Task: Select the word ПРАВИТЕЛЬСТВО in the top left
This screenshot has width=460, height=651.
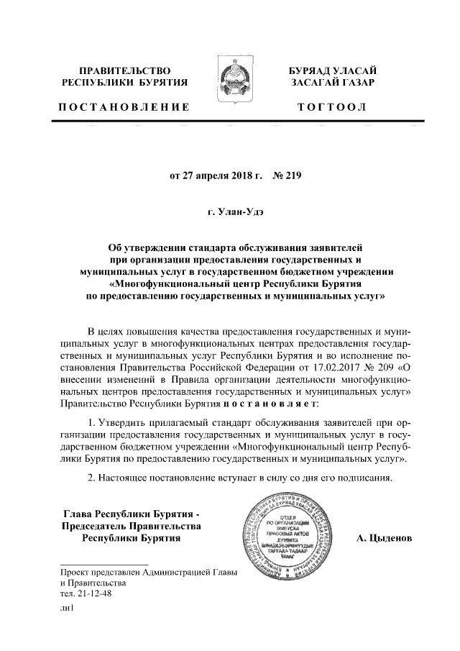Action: (124, 70)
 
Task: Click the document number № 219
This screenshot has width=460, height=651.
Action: (280, 176)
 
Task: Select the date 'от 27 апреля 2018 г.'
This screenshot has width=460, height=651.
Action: (208, 176)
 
